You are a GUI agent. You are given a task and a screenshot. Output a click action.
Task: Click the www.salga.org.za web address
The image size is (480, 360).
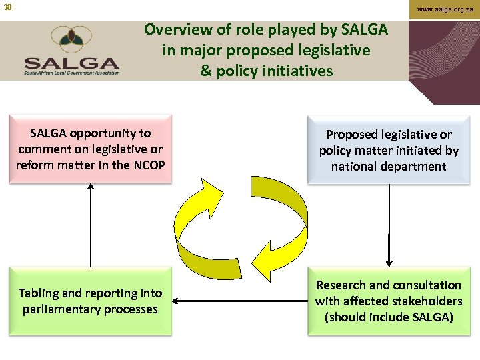click(446, 9)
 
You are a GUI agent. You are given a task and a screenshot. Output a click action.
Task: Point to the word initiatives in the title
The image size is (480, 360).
click(299, 71)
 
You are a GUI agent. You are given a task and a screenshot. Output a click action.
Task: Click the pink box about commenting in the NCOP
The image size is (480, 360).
click(90, 149)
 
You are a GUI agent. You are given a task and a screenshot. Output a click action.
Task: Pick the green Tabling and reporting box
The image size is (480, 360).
click(90, 301)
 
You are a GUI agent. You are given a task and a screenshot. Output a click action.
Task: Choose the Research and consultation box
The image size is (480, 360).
click(389, 301)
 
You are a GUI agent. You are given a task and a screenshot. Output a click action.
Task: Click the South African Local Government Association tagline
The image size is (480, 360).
click(72, 73)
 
